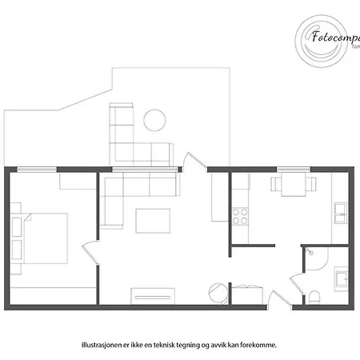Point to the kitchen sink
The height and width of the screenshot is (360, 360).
pos(340,213)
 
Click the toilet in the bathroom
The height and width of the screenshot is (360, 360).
pos(314,298)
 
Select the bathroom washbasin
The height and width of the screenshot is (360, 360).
pos(341,278)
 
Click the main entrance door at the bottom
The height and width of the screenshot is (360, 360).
pos(280,298)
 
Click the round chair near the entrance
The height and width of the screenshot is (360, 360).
pos(217,292)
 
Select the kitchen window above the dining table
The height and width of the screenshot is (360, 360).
pos(294,169)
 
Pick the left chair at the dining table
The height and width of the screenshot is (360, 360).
pos(277,186)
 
